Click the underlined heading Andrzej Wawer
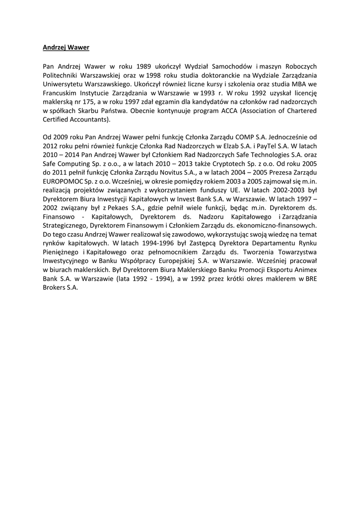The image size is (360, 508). (x=66, y=48)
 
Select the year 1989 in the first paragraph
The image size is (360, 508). (x=144, y=66)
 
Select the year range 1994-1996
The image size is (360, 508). (x=142, y=245)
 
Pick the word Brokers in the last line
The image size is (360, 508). (x=55, y=289)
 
